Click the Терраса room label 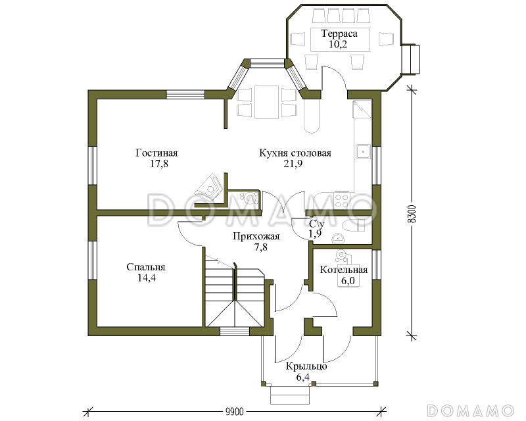coord(339,34)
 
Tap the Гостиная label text coord(156,153)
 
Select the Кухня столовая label coord(295,153)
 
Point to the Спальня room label coord(146,267)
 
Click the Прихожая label coord(256,236)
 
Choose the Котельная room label coord(344,270)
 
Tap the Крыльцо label coord(306,366)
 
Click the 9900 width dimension coord(235,412)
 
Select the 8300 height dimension coord(413,214)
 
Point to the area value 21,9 coord(293,164)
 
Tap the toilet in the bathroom coord(354,225)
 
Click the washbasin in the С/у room coord(338,238)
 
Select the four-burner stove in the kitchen coord(343,200)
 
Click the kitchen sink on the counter coord(363,151)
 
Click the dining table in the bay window coord(267,102)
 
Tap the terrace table coord(340,39)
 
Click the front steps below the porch coord(290,395)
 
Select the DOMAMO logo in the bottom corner coord(471,410)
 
